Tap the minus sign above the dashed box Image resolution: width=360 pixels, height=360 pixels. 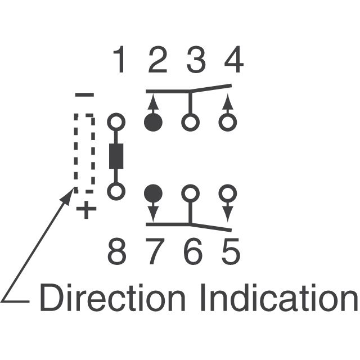(84, 95)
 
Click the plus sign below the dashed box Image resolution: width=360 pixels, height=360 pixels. (86, 211)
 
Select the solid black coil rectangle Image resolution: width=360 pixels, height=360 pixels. (116, 156)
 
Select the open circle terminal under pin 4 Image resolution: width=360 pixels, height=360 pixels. (227, 122)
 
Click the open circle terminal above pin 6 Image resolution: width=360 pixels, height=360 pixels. (190, 193)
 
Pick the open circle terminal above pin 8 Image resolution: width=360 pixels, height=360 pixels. (116, 192)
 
